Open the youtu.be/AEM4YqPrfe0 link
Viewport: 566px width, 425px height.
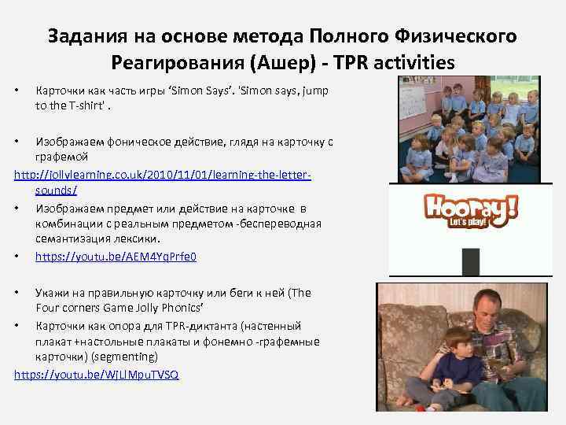(x=116, y=257)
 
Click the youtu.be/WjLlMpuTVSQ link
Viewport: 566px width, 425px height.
(x=97, y=375)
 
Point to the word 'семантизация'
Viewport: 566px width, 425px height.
(x=72, y=239)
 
